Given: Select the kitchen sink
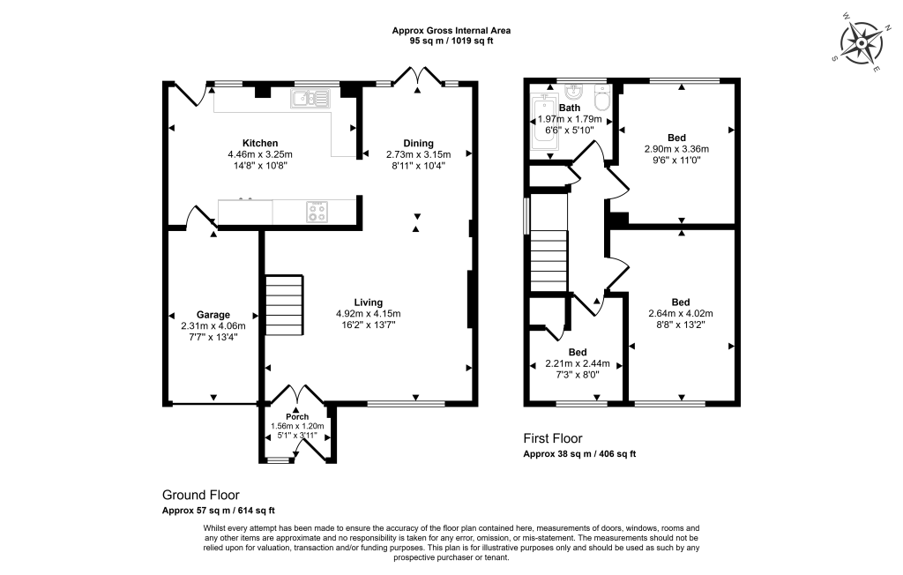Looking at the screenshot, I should (x=310, y=98).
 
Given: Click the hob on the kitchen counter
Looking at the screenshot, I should (x=316, y=212).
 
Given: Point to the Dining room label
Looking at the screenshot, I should (x=418, y=143).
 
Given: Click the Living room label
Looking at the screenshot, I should (x=368, y=302).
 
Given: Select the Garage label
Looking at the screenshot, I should (x=213, y=315).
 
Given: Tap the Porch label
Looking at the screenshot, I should (x=296, y=417).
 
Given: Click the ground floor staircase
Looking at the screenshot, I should (x=284, y=304).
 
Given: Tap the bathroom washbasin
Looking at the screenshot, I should (x=574, y=93).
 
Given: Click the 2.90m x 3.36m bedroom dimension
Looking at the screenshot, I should (x=676, y=149).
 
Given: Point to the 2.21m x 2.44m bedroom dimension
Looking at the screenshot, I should (x=578, y=363).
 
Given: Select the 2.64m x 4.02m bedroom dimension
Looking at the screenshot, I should (x=680, y=313).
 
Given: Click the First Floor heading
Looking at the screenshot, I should (x=553, y=438).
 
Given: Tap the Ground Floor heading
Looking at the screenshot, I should (x=200, y=495).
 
